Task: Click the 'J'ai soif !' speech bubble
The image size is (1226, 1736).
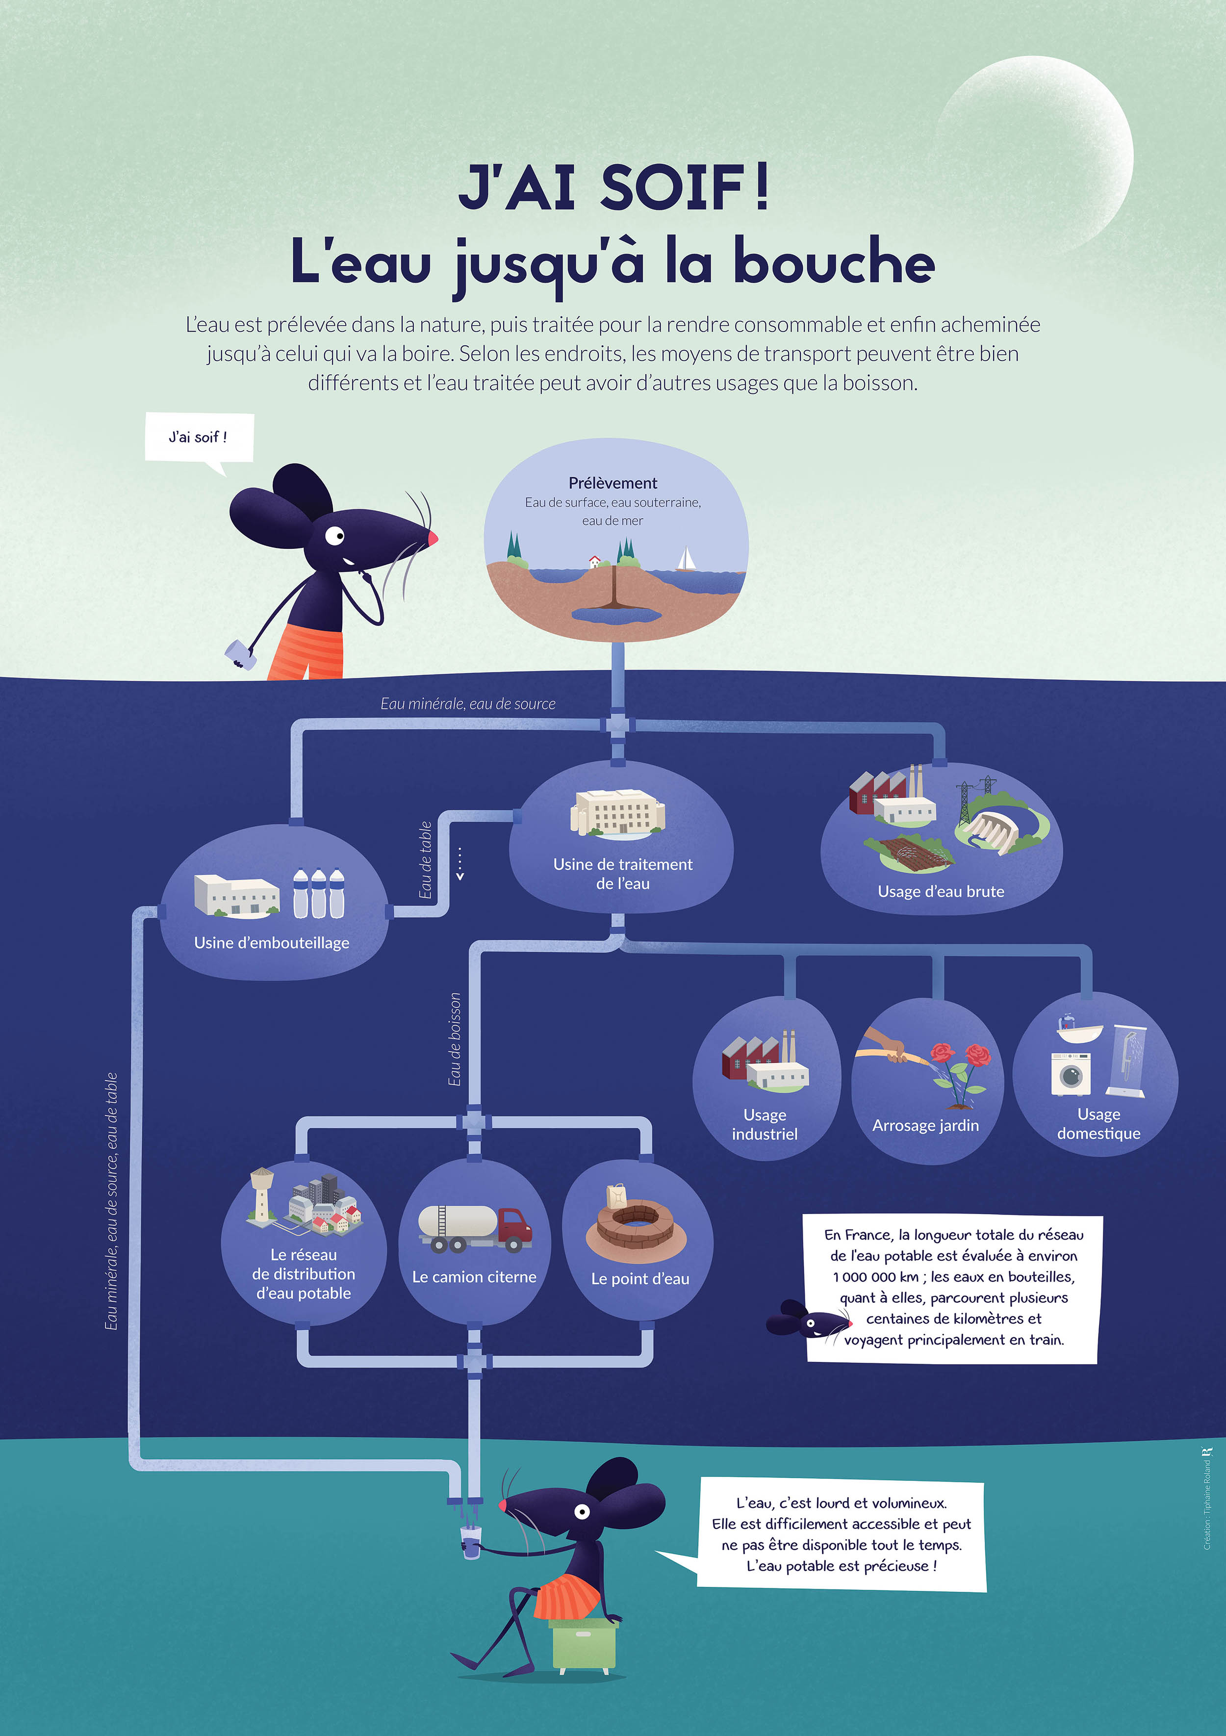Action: tap(199, 437)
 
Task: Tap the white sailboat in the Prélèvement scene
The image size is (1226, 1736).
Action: tap(686, 560)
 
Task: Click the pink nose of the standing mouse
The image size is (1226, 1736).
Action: tap(433, 538)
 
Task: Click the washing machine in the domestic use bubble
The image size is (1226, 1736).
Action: tap(1070, 1074)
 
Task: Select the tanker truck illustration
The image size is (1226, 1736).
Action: tap(475, 1228)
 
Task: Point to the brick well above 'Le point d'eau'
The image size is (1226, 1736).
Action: tap(635, 1222)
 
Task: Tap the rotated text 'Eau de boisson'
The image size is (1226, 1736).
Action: tap(454, 1039)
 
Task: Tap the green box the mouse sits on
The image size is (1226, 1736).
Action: tap(584, 1643)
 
